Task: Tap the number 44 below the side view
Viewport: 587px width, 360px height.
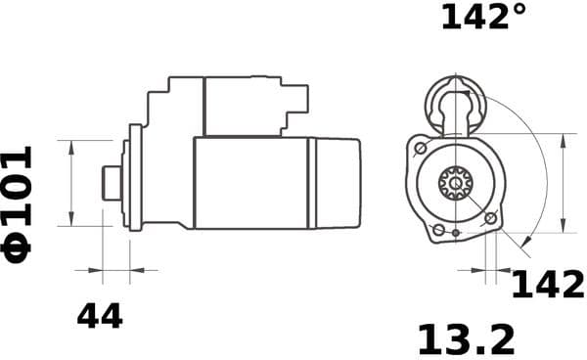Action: (100, 316)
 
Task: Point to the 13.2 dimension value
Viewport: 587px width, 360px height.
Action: (466, 339)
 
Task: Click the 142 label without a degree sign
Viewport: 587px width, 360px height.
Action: (548, 285)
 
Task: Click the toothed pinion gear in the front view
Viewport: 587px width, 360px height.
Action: (455, 182)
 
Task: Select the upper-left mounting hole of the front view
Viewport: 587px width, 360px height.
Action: (420, 148)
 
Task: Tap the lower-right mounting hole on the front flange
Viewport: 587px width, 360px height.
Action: (491, 217)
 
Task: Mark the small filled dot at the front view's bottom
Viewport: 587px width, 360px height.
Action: (456, 234)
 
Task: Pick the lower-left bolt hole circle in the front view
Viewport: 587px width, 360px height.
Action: (439, 230)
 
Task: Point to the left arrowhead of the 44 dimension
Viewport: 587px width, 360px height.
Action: (97, 269)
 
